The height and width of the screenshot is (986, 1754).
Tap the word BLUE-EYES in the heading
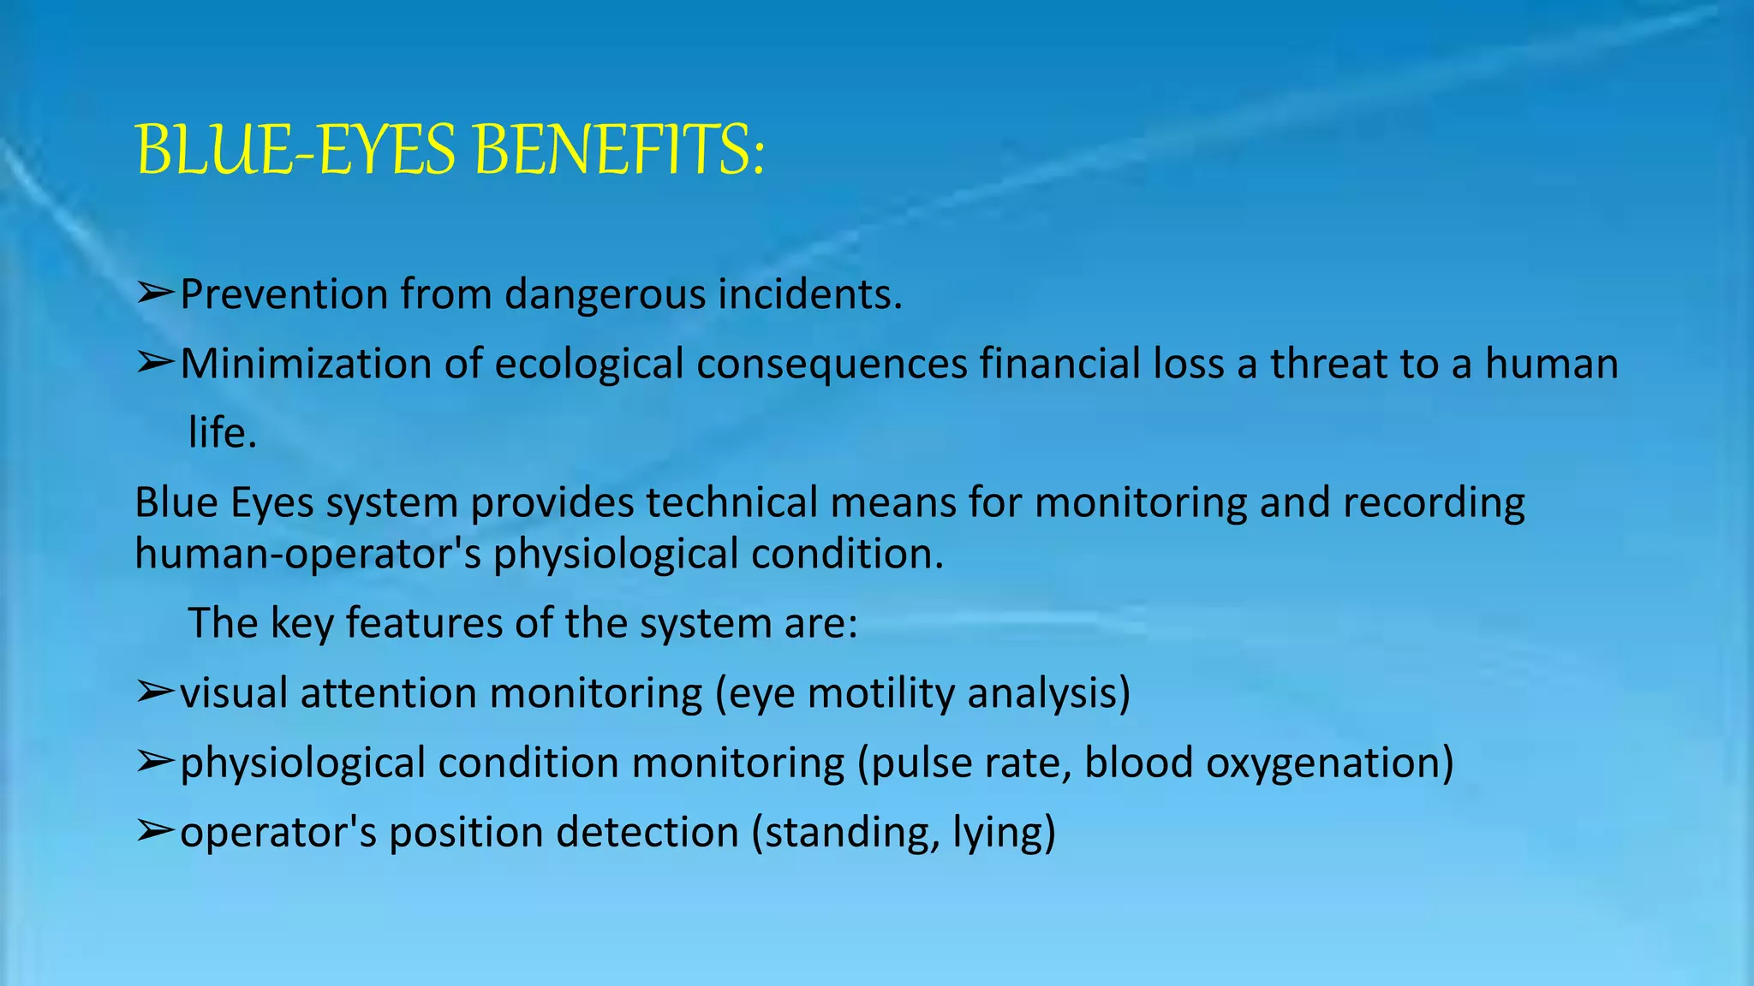[296, 151]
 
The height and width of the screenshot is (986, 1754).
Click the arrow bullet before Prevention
[155, 294]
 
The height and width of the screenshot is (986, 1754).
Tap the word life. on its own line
[223, 433]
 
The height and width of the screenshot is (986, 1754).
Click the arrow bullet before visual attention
[155, 692]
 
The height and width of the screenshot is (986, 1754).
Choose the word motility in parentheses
[880, 693]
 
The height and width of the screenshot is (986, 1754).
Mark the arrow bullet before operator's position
[155, 831]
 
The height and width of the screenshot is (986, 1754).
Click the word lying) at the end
[1004, 833]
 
